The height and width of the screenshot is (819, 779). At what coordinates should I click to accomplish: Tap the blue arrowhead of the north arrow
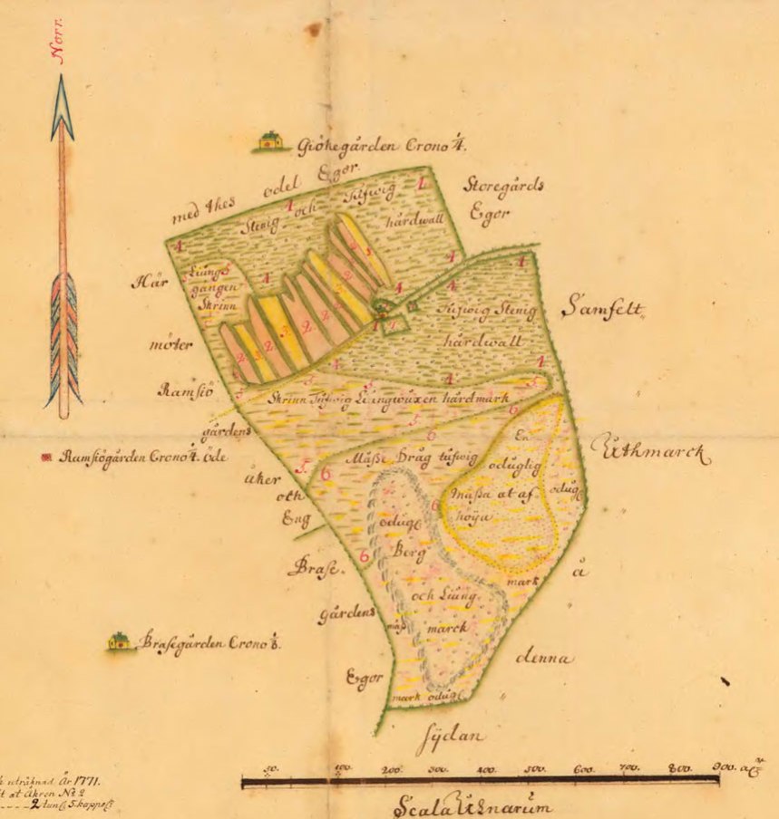[x=62, y=107]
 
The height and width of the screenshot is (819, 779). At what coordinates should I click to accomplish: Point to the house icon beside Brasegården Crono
[x=119, y=641]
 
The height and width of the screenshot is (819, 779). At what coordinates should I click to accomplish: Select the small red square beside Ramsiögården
[x=46, y=458]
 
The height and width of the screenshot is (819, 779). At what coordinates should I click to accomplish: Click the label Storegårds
[x=503, y=185]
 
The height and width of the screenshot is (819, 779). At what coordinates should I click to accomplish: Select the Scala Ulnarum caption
[x=471, y=805]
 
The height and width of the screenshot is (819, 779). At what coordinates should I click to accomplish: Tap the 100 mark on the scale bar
[x=343, y=768]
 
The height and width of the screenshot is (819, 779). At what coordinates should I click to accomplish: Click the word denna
[x=544, y=659]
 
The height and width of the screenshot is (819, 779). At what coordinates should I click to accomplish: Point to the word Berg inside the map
[x=409, y=550]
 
